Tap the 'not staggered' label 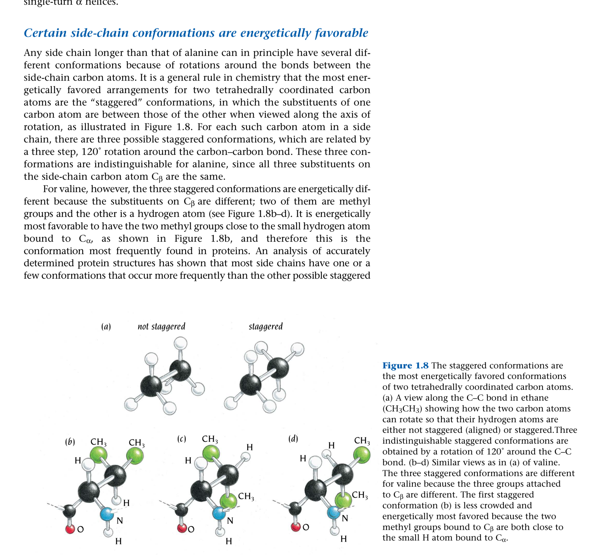[161, 326]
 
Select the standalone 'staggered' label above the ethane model [266, 326]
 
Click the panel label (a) [106, 327]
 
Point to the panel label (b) [70, 442]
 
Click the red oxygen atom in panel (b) [70, 529]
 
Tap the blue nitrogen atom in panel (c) [219, 513]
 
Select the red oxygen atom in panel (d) [295, 527]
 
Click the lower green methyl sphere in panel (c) [229, 501]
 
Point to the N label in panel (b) [120, 521]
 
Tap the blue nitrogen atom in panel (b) [107, 514]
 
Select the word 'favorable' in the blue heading [342, 33]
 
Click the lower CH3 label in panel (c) [246, 496]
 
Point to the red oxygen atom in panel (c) [182, 528]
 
